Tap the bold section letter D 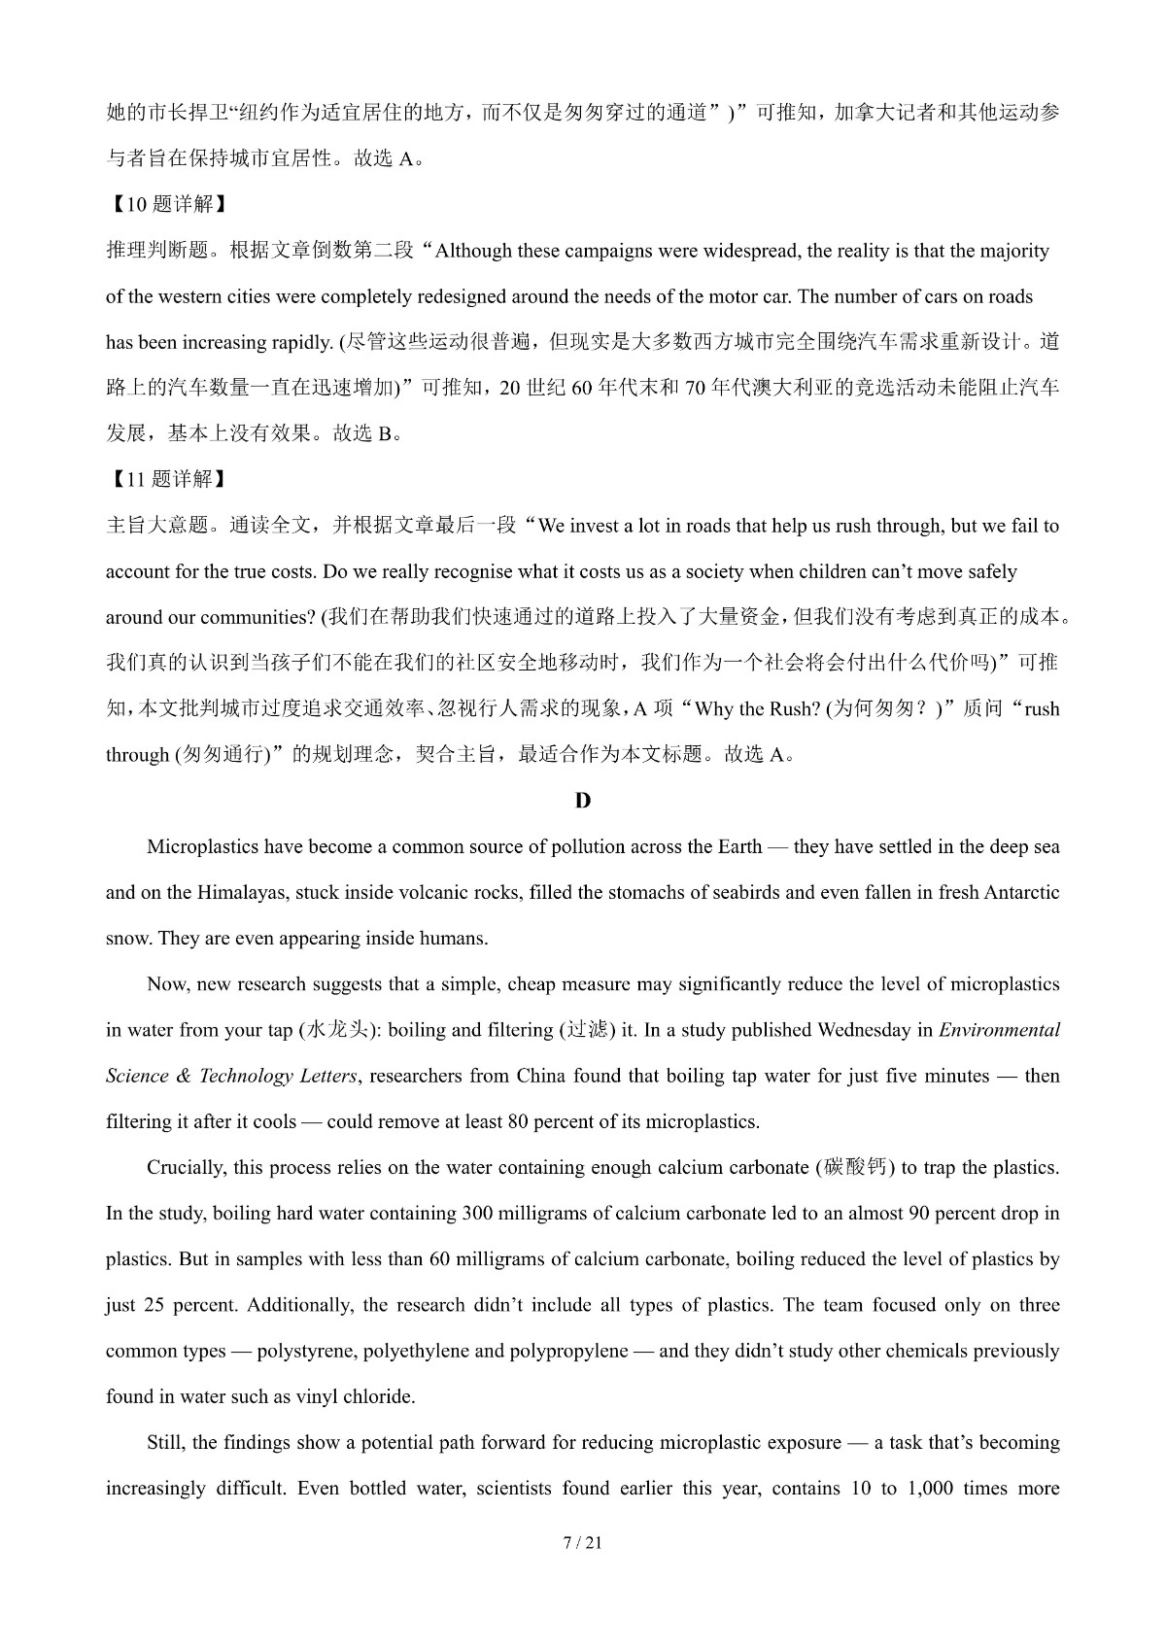[582, 801]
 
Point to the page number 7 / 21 [582, 1543]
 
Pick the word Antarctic [1022, 893]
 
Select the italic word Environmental [999, 1030]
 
